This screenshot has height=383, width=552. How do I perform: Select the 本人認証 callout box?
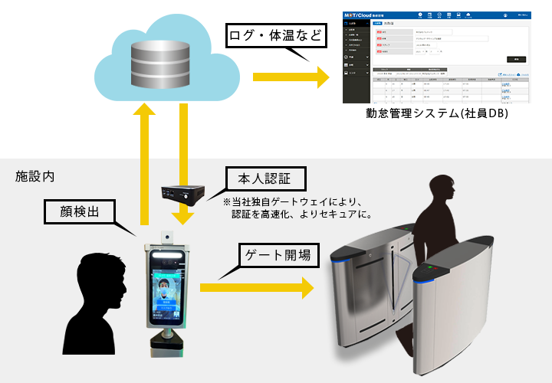coord(265,180)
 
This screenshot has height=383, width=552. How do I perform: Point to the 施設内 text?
coord(35,176)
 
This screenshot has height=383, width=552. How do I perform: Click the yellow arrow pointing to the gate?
coord(256,288)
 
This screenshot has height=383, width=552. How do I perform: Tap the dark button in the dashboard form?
coord(516,59)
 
